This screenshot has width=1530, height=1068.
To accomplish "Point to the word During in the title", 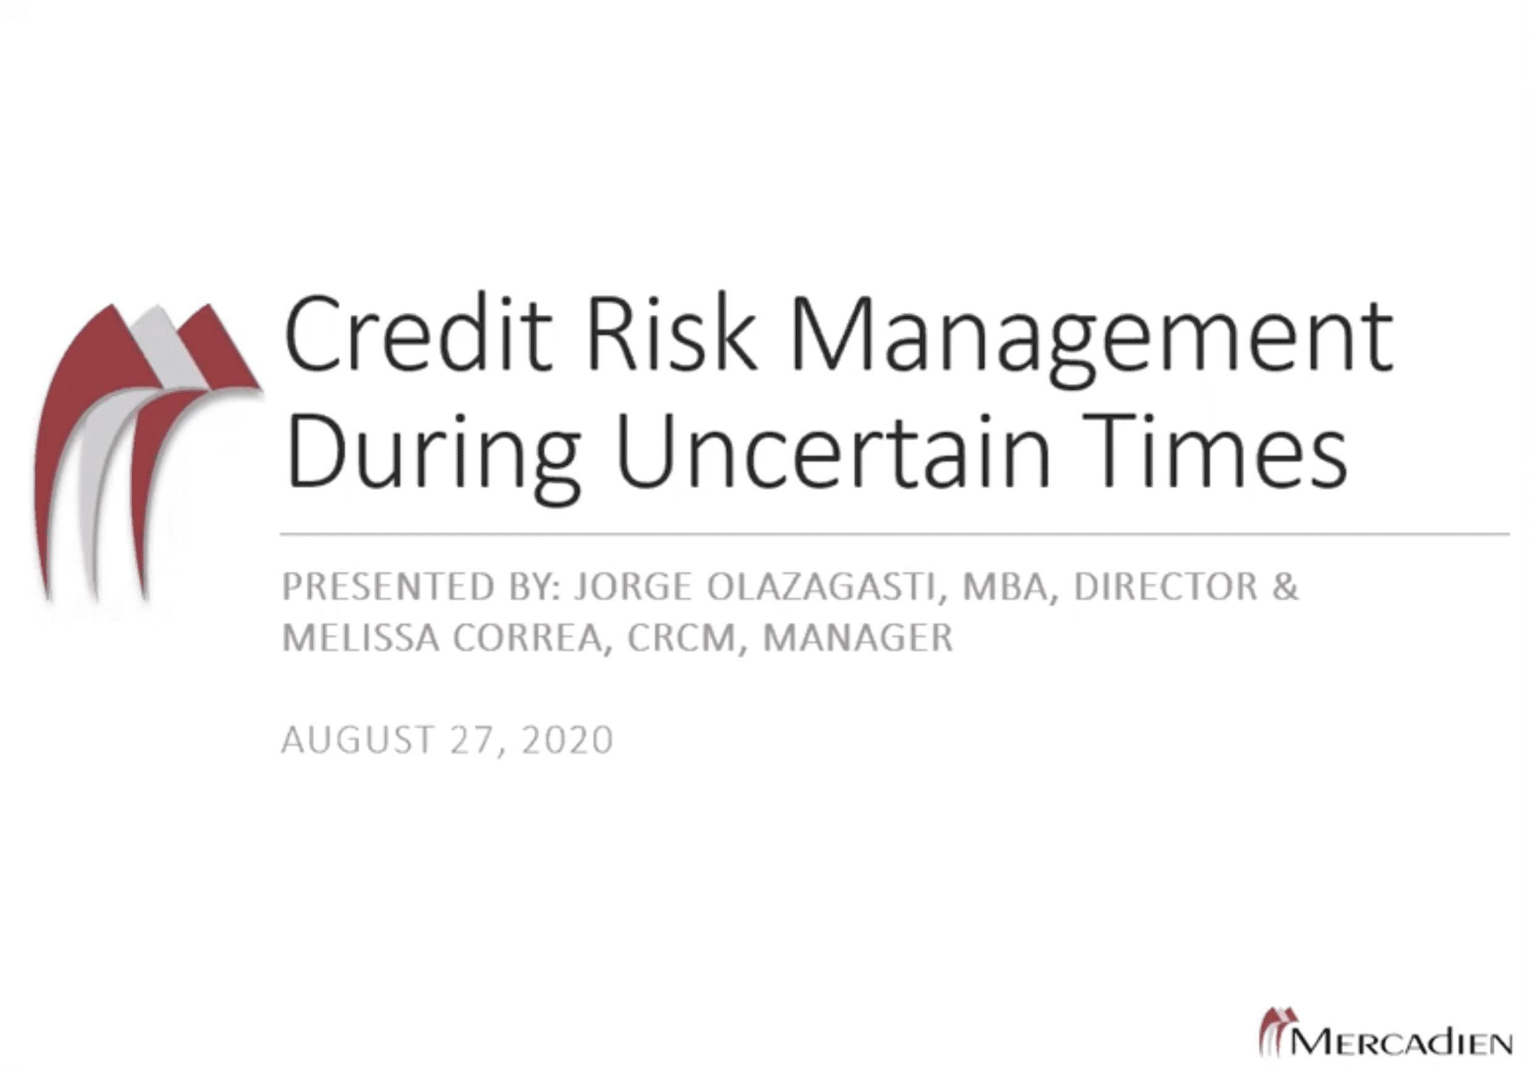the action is pyautogui.click(x=432, y=455).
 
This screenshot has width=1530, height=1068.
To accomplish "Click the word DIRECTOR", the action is pyautogui.click(x=1166, y=587).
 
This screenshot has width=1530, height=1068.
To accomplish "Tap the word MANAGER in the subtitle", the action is pyautogui.click(x=858, y=638).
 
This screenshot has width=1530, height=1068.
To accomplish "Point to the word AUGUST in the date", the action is pyautogui.click(x=359, y=740).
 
